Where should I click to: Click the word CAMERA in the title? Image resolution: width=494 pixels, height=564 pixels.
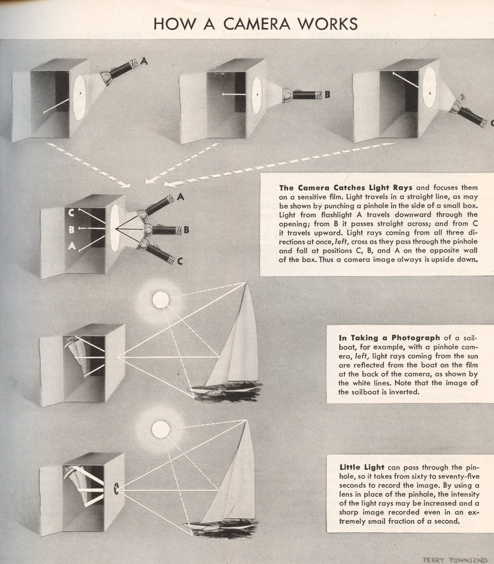point(256,24)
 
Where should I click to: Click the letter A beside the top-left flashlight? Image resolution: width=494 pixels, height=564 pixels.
point(144,61)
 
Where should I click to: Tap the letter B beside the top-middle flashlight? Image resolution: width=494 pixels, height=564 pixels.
point(327,94)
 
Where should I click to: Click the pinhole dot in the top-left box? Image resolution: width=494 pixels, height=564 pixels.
point(81,93)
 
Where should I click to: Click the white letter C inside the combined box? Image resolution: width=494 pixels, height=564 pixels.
point(71,213)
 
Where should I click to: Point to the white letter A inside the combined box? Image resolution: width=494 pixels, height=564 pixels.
point(72,246)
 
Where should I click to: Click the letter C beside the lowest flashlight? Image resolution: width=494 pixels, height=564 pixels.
point(180,261)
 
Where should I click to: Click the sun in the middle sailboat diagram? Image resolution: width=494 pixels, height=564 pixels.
point(161,300)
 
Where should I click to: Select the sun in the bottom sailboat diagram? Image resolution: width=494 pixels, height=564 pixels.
point(161,430)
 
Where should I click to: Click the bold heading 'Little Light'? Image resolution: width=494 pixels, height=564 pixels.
point(362,467)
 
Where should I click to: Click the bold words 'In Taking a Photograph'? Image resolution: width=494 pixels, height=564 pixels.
point(389,338)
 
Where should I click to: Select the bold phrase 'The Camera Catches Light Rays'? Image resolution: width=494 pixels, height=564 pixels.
point(345,188)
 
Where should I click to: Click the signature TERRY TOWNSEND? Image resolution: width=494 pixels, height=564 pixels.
point(455,560)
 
